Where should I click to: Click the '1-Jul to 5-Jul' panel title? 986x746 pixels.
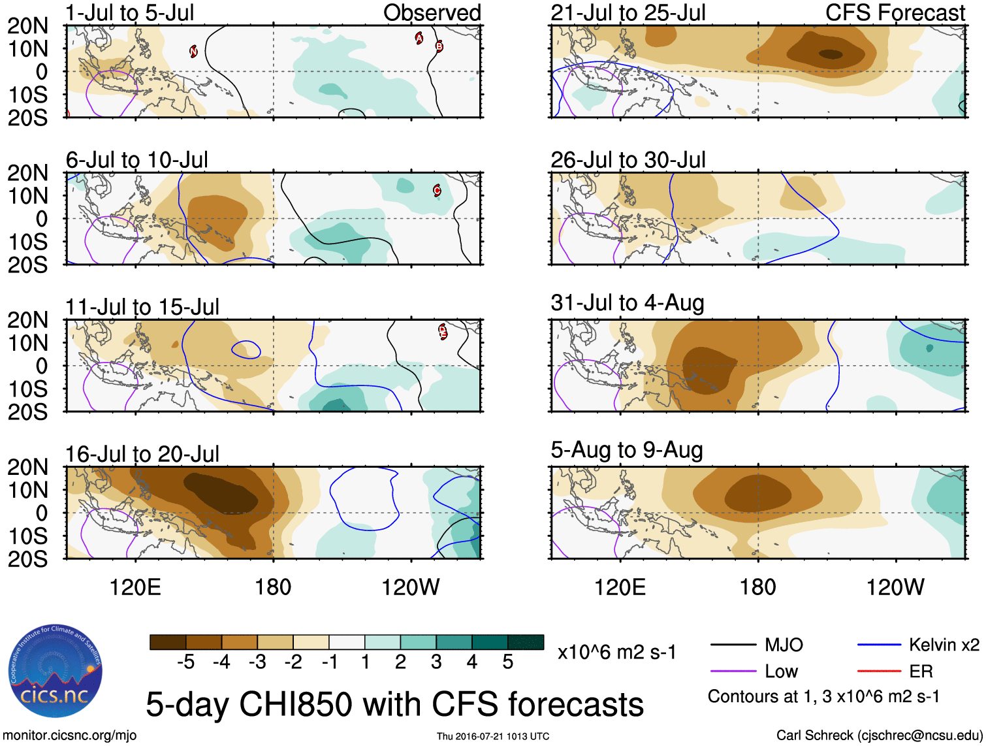coord(130,13)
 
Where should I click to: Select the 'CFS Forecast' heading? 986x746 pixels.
coord(895,13)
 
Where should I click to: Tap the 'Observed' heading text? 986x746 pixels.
coord(432,13)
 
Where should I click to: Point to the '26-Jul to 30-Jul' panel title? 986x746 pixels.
coord(628,160)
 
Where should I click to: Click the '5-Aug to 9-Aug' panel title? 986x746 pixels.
coord(627,450)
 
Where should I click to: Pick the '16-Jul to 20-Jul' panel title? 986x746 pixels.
coord(142,454)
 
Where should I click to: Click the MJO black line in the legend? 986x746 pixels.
coord(733,645)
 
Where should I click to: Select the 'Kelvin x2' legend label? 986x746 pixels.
coord(944,645)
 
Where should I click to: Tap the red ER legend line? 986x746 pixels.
coord(879,671)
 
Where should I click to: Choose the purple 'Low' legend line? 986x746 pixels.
coord(733,671)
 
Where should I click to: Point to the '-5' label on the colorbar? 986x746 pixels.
coord(186,662)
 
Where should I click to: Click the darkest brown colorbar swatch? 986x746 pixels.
coord(168,642)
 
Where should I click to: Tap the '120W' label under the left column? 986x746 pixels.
coord(411,587)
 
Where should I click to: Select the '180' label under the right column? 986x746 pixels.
coord(757,587)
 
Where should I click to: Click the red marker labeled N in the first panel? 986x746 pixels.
coord(193,51)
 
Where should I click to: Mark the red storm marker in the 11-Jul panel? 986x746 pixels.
coord(443,331)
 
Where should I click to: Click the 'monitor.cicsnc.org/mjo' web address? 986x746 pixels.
coord(70,736)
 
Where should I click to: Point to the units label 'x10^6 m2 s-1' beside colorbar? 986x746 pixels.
coord(616,652)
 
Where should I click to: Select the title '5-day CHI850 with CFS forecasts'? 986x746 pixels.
coord(394,705)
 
